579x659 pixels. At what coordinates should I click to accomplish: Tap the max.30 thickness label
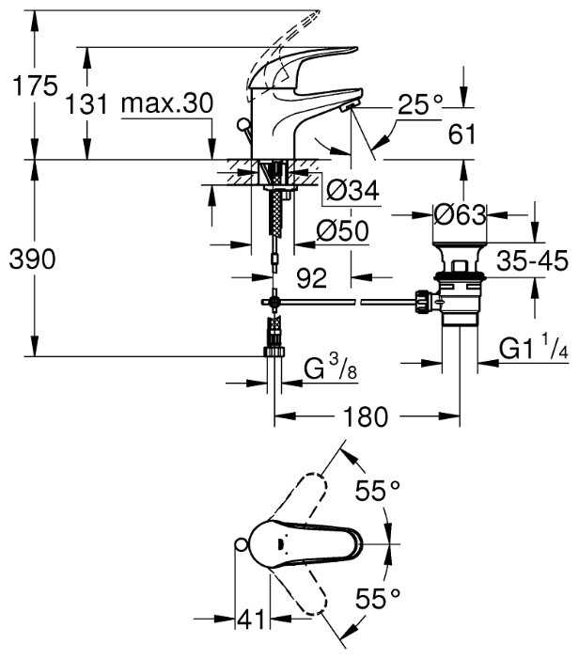167,102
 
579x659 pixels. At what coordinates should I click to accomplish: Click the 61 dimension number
461,134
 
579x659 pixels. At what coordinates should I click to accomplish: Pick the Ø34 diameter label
352,191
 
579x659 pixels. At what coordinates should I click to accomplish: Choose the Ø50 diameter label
340,229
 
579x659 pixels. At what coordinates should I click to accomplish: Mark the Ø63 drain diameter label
460,214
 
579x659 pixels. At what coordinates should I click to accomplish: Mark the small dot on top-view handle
282,541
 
